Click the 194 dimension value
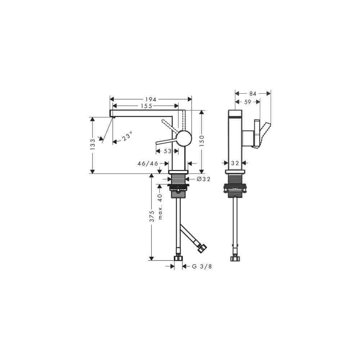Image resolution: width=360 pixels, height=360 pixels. (150, 99)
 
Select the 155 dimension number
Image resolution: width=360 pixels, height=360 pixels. (147, 106)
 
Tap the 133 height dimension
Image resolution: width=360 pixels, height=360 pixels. (93, 144)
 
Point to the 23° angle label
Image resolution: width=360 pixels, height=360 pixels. (127, 136)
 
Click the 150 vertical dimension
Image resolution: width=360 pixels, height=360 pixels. (202, 141)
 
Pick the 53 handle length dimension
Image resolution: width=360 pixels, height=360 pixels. (168, 151)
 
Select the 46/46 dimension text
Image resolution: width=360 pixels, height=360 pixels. (148, 163)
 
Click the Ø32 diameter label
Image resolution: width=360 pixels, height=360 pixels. (204, 179)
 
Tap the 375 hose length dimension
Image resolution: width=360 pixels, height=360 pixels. (152, 216)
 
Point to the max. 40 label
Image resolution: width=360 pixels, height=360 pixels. (160, 207)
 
